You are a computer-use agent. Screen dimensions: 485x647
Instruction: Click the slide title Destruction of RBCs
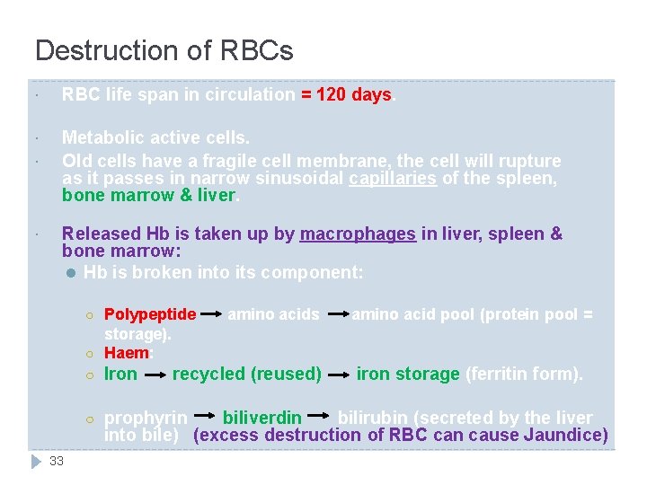[x=164, y=50]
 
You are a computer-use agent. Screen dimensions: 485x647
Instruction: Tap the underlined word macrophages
[x=358, y=234]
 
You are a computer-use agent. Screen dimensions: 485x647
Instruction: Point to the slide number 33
[x=57, y=461]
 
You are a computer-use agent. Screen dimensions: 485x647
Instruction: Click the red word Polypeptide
[x=150, y=314]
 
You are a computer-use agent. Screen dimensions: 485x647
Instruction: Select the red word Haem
[x=126, y=353]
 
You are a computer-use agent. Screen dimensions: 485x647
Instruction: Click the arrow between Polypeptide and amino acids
[x=211, y=315]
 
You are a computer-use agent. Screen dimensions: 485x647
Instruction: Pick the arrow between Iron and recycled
[x=155, y=375]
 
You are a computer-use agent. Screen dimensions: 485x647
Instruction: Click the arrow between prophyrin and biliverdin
[x=205, y=418]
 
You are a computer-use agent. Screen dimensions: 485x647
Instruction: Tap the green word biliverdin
[x=261, y=418]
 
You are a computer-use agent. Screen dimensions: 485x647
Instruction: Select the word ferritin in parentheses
[x=497, y=374]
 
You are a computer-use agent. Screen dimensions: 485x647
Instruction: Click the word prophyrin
[x=146, y=418]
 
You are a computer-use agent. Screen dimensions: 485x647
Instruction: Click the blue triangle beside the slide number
[x=36, y=461]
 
